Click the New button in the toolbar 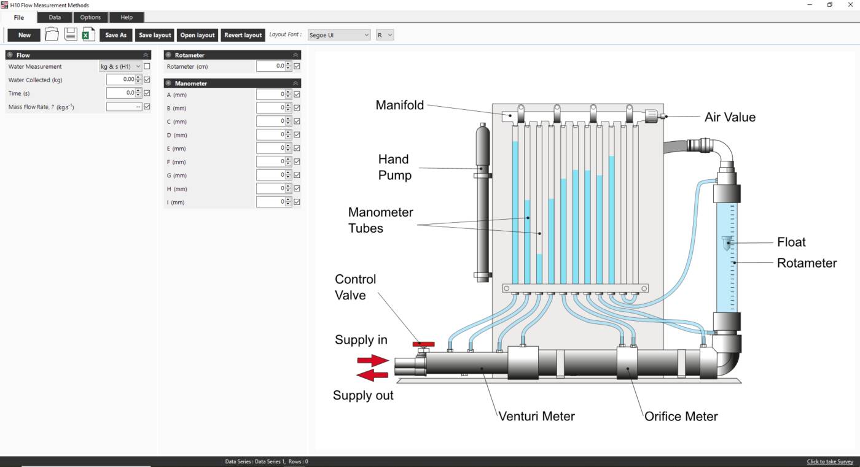[24, 35]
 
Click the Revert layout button [243, 35]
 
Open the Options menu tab [90, 17]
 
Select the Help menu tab [127, 17]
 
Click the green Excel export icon [88, 34]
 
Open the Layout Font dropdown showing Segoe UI [339, 35]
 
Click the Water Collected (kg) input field [120, 80]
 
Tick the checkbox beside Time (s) [147, 93]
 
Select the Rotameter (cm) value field [270, 66]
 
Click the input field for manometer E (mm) [270, 149]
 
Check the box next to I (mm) [297, 202]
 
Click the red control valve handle [423, 345]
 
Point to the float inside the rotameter [728, 243]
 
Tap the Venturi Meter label [536, 416]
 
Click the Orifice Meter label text [681, 416]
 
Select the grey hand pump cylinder [483, 203]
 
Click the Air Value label [730, 117]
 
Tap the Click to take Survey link [830, 461]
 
